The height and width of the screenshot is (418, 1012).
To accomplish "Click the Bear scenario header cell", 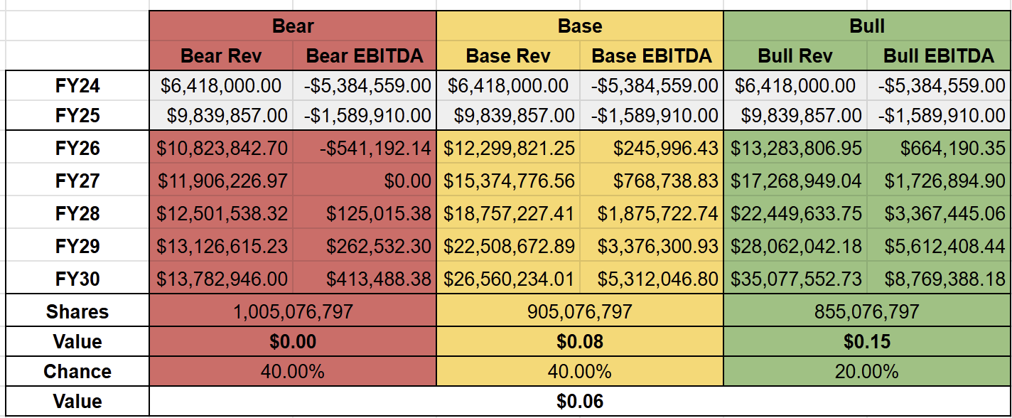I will pyautogui.click(x=293, y=26).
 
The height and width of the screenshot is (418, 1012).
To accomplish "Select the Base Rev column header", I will pyautogui.click(x=507, y=56).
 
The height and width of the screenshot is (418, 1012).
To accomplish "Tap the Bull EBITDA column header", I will pyautogui.click(x=938, y=56).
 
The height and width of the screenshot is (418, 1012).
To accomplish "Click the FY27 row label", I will pyautogui.click(x=77, y=181).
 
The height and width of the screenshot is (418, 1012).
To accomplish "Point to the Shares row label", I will pyautogui.click(x=77, y=312).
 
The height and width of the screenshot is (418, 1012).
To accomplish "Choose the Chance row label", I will pyautogui.click(x=77, y=372).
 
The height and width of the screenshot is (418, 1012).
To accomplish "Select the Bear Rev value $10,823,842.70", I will pyautogui.click(x=222, y=149).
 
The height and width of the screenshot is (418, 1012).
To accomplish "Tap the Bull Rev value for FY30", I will pyautogui.click(x=797, y=279).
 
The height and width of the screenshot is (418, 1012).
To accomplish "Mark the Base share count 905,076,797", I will pyautogui.click(x=580, y=312).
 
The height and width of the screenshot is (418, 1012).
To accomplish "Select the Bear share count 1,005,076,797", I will pyautogui.click(x=293, y=312).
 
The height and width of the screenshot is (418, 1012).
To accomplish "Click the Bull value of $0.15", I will pyautogui.click(x=867, y=342).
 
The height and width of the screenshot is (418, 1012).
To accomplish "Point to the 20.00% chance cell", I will pyautogui.click(x=867, y=372).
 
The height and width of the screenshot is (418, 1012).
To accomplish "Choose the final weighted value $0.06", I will pyautogui.click(x=580, y=402).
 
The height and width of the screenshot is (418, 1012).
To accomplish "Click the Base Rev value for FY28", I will pyautogui.click(x=508, y=214).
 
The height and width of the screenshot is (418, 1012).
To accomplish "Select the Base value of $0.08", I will pyautogui.click(x=580, y=342).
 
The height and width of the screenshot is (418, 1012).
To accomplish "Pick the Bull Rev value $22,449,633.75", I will pyautogui.click(x=797, y=214).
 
